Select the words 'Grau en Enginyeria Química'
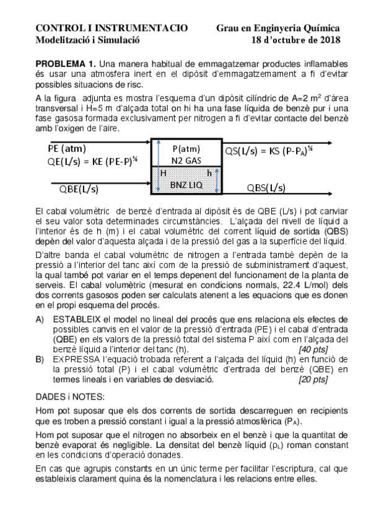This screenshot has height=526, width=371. coord(278,29)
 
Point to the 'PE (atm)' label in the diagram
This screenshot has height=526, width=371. coord(67,149)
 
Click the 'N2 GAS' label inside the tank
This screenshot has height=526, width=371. coord(186,161)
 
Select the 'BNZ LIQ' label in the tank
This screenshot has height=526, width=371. coord(186,184)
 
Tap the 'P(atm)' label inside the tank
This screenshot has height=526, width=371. coord(186,149)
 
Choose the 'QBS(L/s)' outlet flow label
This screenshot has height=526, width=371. coord(266,188)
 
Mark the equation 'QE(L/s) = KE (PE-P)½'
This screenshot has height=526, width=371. coord(93,162)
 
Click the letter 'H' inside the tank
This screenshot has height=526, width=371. coord(164,174)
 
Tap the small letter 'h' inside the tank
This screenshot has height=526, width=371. coord(209,174)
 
